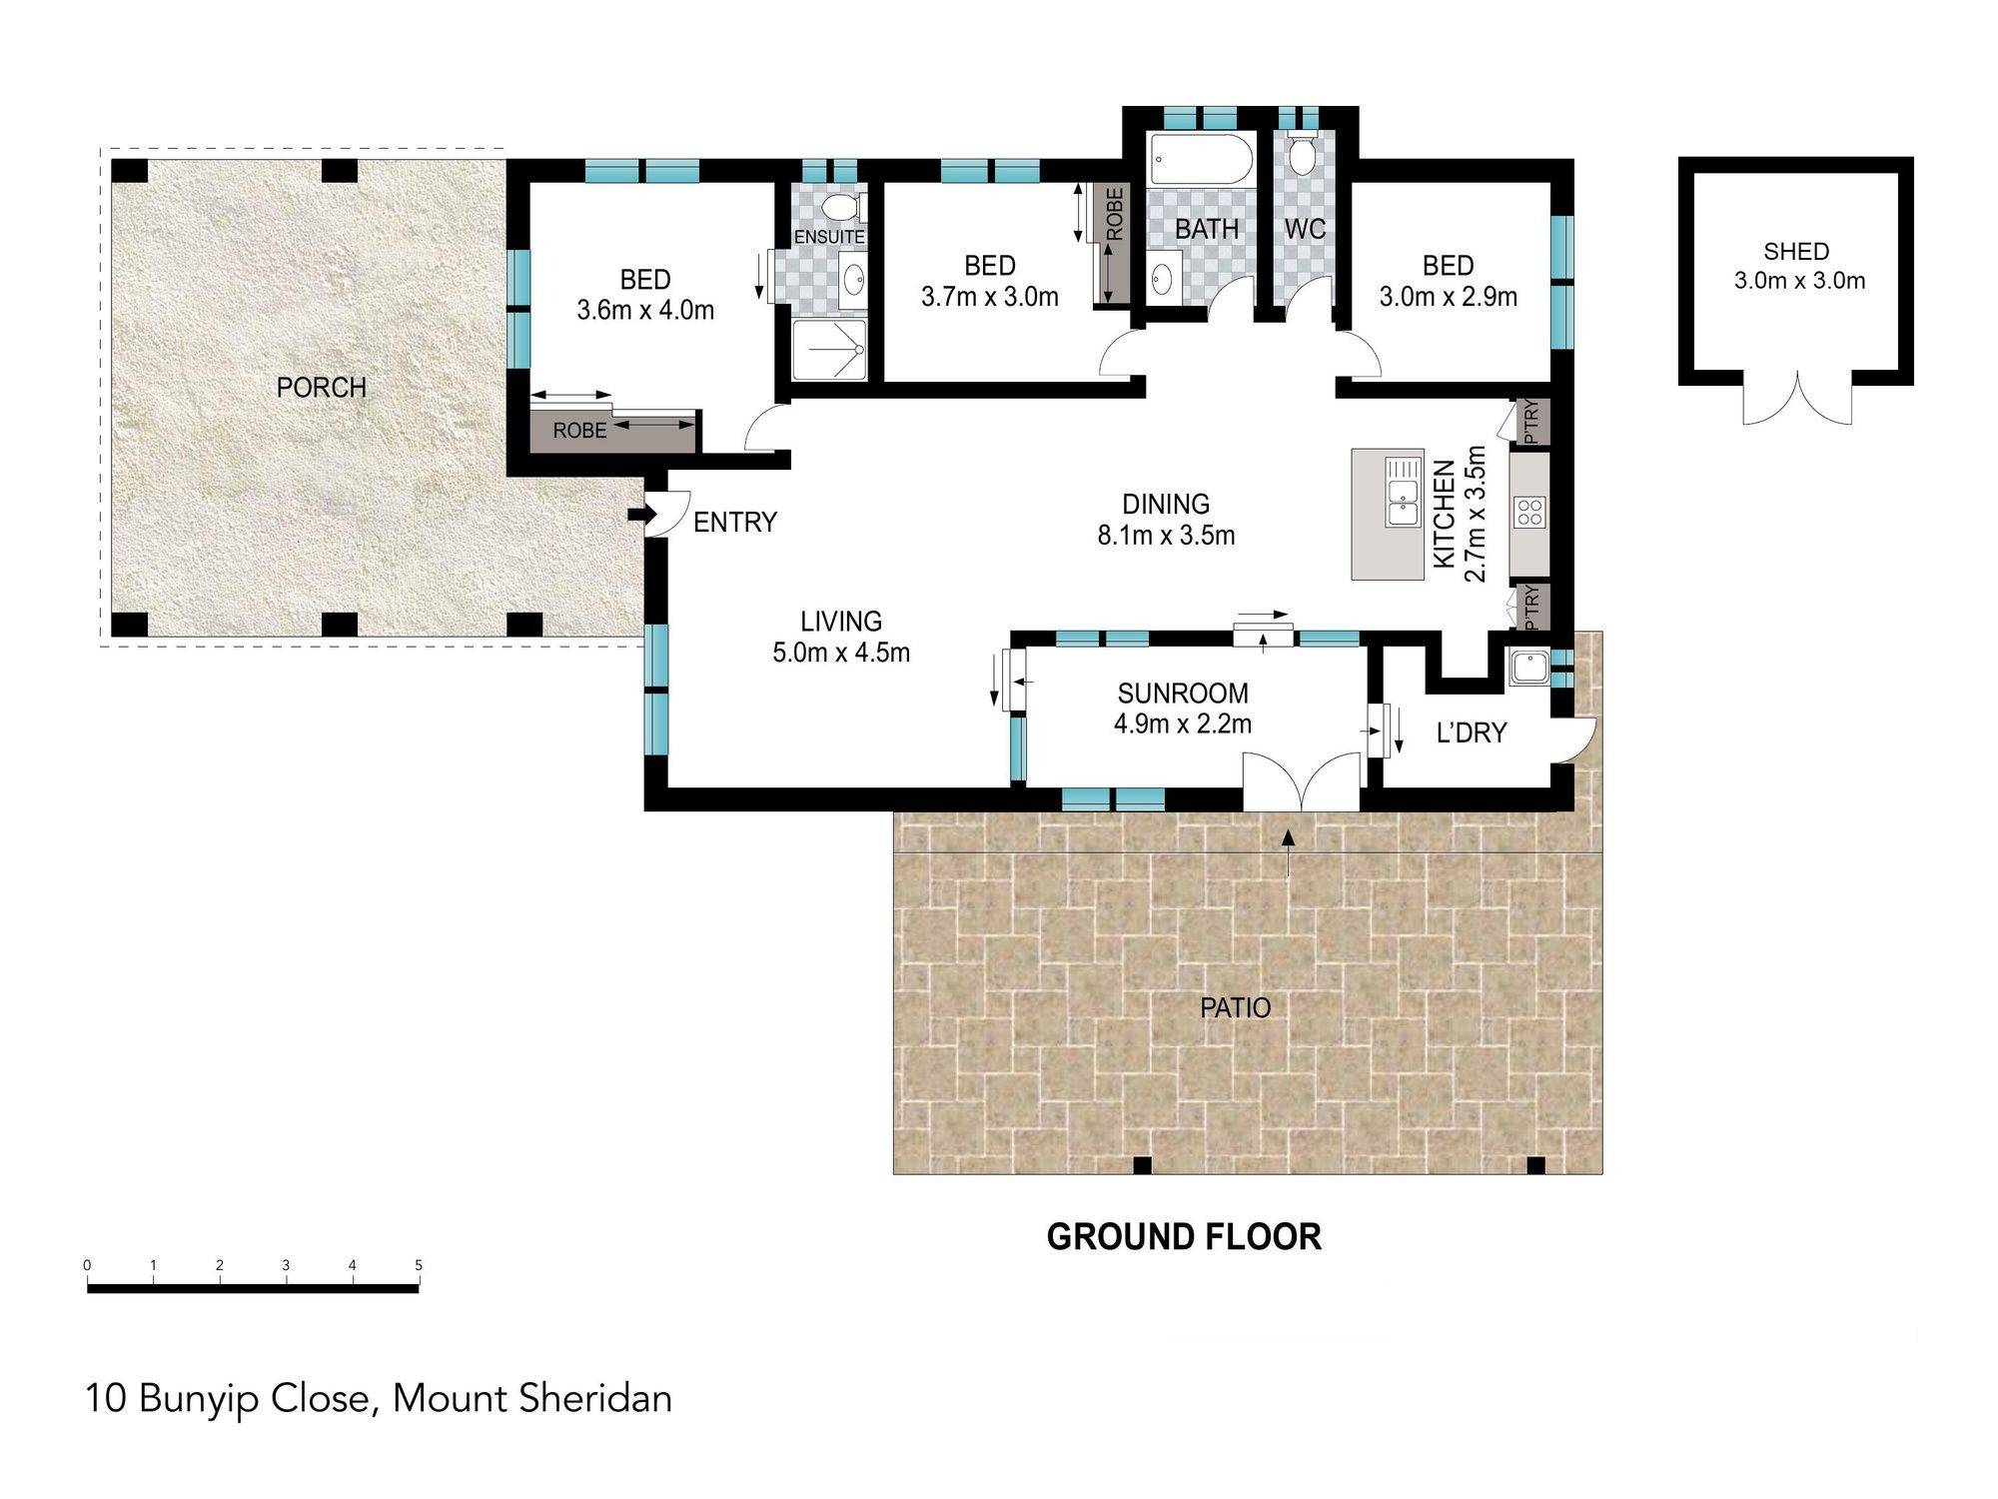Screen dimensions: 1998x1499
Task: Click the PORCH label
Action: (x=322, y=388)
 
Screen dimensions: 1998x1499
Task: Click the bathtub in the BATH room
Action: (x=1200, y=160)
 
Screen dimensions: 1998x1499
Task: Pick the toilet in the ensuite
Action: (x=841, y=207)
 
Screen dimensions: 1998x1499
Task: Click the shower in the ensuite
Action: (x=829, y=349)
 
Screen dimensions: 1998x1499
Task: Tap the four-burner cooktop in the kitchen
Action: (x=1529, y=513)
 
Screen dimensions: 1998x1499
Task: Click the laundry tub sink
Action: (x=1528, y=667)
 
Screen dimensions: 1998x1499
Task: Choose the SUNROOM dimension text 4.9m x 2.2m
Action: (x=1183, y=724)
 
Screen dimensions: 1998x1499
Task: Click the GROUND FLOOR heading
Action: (x=1184, y=1237)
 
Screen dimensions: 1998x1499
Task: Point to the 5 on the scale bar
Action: (x=419, y=1265)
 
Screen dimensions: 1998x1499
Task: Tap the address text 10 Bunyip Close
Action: (x=229, y=1398)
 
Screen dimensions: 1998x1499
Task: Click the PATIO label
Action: (x=1236, y=1007)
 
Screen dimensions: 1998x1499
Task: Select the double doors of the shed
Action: (x=1798, y=399)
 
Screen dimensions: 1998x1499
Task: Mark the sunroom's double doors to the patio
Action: (x=1301, y=782)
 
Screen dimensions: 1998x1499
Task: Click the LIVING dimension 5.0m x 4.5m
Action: (x=841, y=654)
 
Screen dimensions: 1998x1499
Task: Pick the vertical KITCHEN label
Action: (x=1445, y=515)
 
